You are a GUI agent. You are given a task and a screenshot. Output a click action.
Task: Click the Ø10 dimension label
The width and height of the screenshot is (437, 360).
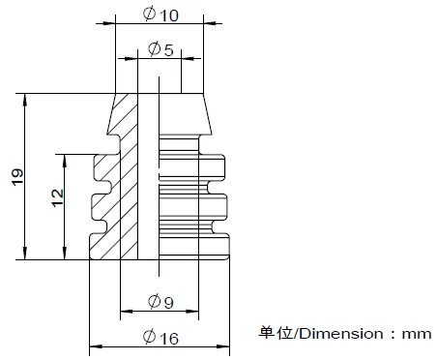tap(160, 15)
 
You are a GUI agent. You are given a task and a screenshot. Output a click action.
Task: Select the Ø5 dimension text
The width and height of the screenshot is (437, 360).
tap(160, 49)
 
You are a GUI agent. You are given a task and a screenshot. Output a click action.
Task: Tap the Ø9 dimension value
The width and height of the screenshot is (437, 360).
tap(160, 302)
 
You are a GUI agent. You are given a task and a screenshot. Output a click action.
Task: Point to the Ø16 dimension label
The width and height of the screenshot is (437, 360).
tap(160, 338)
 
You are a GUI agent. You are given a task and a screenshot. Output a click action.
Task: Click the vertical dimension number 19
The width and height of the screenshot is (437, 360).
tap(17, 176)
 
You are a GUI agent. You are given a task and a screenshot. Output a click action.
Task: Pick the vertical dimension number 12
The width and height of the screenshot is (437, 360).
tap(57, 197)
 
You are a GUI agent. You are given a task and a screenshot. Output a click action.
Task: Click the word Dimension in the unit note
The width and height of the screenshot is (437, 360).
tap(341, 334)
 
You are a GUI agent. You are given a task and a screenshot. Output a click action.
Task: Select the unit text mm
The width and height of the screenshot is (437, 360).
tap(417, 334)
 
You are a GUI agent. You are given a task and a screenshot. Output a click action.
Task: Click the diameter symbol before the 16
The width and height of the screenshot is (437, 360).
tap(149, 337)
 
